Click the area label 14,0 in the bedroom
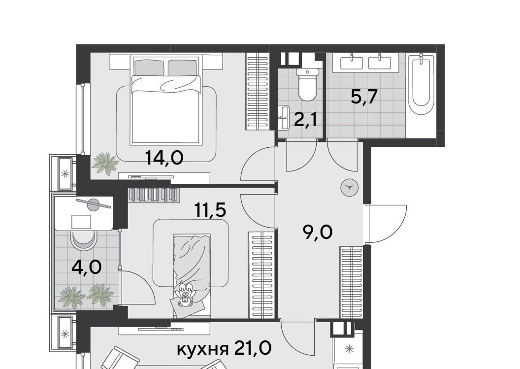164,158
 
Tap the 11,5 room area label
211,210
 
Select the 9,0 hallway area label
318,232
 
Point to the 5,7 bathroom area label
364,97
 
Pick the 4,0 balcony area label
87,268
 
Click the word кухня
203,349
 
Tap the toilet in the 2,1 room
307,84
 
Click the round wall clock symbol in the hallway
349,188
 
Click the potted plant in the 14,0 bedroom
105,163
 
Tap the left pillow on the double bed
149,67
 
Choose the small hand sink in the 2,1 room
284,117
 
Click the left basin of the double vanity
352,63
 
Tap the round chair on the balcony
84,240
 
